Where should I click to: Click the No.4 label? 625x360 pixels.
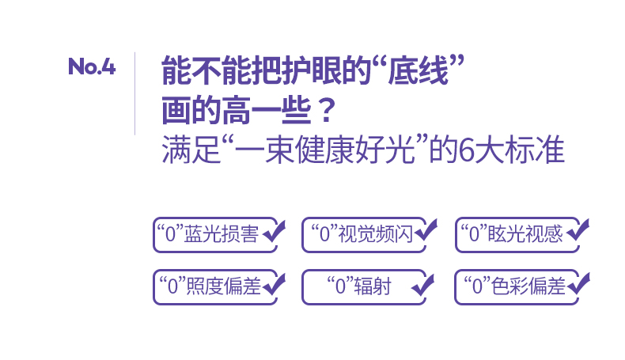click(x=92, y=67)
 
